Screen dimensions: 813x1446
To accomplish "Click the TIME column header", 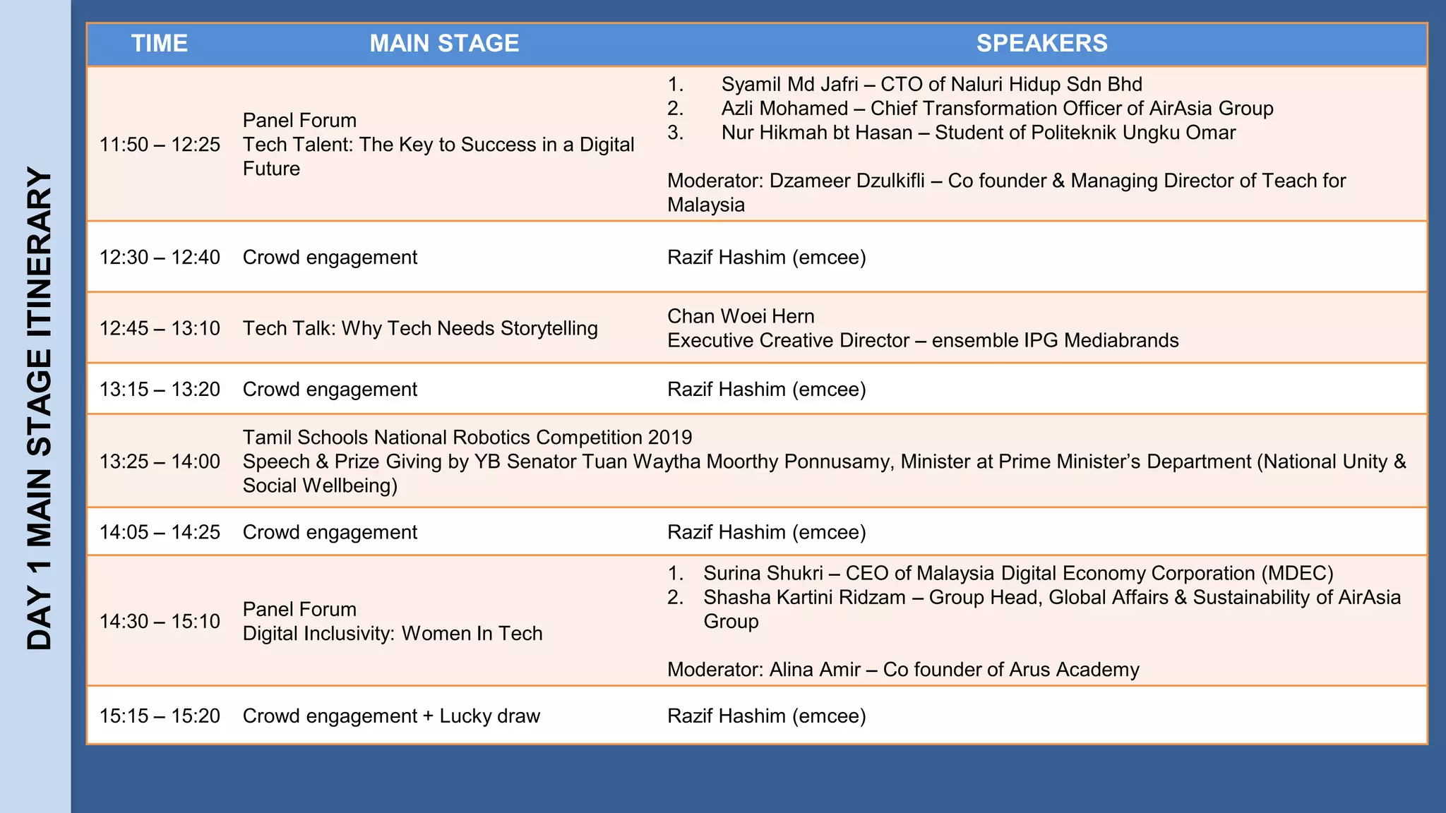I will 160,44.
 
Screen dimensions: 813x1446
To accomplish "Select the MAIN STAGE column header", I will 444,44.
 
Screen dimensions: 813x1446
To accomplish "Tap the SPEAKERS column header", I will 1041,44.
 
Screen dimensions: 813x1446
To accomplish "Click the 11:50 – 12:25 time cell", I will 160,145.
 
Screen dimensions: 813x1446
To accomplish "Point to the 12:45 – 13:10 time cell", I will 160,328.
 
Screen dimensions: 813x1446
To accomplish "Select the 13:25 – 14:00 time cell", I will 160,462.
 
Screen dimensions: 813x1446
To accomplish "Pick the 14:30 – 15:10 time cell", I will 160,621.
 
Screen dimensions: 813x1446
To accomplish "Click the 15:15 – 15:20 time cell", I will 160,716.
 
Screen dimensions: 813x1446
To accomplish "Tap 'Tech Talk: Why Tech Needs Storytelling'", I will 420,328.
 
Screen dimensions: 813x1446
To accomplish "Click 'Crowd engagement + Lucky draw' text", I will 391,716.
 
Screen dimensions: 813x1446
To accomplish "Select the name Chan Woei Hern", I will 741,316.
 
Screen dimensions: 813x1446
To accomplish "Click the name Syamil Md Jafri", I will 789,85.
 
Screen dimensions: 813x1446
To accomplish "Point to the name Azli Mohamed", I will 784,109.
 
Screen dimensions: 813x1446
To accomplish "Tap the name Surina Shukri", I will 763,574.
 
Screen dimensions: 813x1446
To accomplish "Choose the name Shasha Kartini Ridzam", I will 804,598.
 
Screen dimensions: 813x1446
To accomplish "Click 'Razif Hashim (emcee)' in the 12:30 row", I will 766,258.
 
